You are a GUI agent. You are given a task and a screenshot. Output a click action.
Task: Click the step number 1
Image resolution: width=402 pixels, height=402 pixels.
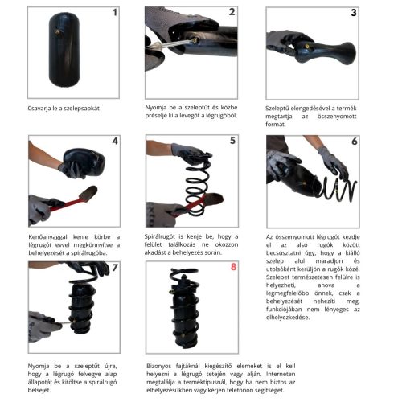[115, 12]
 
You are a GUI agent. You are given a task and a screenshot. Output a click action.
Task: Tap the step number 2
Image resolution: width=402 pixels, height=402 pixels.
[232, 12]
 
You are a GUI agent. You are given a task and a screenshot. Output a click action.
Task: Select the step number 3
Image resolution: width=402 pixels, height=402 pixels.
[354, 13]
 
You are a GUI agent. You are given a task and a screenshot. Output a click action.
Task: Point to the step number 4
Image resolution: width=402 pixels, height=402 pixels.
[115, 141]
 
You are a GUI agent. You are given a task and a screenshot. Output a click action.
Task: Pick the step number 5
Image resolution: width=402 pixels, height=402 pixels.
[232, 140]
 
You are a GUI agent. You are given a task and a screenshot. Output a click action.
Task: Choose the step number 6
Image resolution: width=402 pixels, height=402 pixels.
[355, 141]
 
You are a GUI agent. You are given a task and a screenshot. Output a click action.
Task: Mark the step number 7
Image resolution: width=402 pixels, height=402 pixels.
[115, 267]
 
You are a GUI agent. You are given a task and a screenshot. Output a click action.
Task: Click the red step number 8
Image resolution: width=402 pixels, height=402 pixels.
[233, 267]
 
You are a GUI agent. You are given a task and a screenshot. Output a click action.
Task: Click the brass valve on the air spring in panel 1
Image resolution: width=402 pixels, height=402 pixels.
[58, 32]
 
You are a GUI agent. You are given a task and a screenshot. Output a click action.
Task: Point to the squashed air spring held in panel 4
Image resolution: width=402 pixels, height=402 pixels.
[84, 161]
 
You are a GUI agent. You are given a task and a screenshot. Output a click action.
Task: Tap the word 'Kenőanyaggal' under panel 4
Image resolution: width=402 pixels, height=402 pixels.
[48, 237]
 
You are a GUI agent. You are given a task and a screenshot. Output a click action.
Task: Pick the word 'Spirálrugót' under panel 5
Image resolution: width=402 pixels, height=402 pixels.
[160, 236]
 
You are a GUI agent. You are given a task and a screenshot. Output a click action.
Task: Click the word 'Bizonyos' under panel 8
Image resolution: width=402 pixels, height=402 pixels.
[158, 366]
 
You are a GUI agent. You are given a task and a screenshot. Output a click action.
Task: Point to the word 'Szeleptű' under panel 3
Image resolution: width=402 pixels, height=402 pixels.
[277, 109]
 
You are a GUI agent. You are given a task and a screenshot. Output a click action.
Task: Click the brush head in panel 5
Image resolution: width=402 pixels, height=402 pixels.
[215, 199]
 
